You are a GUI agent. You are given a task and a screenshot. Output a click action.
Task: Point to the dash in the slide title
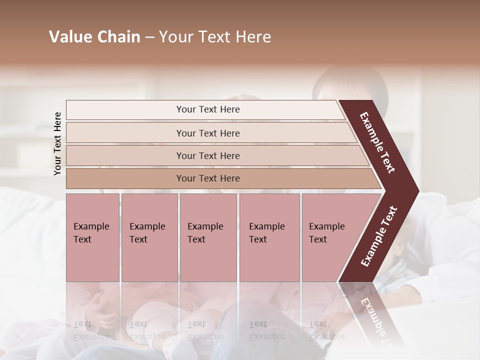pos(149,37)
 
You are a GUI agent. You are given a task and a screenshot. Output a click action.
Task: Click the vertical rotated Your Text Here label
pos(57,143)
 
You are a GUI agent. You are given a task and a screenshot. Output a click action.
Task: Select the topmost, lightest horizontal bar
pos(207,109)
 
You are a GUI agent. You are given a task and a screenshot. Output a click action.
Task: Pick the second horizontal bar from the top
pos(208,133)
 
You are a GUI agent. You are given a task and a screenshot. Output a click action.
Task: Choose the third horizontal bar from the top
pos(208,155)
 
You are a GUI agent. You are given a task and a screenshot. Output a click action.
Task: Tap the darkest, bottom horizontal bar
pos(208,178)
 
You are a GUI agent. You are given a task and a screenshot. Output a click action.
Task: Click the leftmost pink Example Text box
pos(92,237)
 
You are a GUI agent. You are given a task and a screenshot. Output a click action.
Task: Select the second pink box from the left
pos(149,237)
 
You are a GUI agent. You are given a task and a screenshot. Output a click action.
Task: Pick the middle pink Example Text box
pos(208,237)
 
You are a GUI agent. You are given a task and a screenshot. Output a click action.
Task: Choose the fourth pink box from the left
pos(269,237)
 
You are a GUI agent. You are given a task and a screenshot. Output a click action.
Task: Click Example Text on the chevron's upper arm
pos(377,142)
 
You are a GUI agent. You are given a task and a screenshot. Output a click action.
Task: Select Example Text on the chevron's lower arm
pos(379,236)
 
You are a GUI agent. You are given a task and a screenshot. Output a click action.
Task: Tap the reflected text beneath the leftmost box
pos(90,330)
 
